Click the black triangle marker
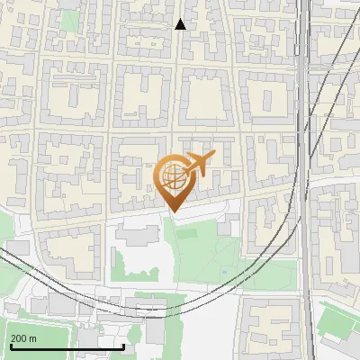click(x=180, y=24)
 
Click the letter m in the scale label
click(x=33, y=338)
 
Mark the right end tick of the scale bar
click(x=123, y=346)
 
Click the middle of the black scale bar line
click(x=66, y=347)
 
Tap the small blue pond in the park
click(x=223, y=271)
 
